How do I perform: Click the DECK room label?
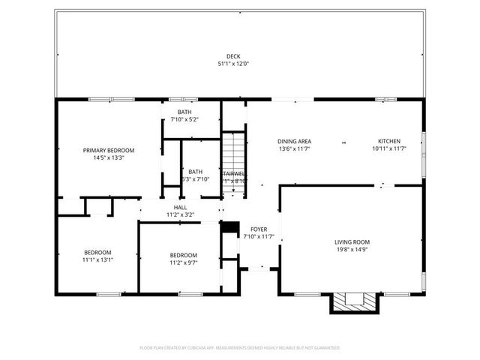(x=233, y=56)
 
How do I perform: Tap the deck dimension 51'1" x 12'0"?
(x=233, y=64)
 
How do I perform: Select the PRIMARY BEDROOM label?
(x=109, y=150)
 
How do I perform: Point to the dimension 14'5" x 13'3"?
(x=109, y=157)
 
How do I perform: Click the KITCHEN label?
(x=388, y=141)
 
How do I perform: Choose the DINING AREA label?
(x=294, y=141)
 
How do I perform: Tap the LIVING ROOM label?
(x=352, y=241)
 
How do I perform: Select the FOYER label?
(x=259, y=229)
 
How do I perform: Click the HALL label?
(x=180, y=208)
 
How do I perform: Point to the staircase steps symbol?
(x=233, y=154)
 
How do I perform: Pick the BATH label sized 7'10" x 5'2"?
(x=184, y=112)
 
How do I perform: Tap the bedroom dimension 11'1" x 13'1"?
(x=97, y=259)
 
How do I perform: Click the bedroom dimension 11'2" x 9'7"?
(x=183, y=262)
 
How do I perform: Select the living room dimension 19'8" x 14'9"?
(x=352, y=249)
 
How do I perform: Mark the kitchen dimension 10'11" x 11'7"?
(x=388, y=148)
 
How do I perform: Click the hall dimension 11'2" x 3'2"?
(x=180, y=215)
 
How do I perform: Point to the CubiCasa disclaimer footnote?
(x=239, y=348)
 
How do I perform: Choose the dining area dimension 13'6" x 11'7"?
(x=294, y=148)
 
